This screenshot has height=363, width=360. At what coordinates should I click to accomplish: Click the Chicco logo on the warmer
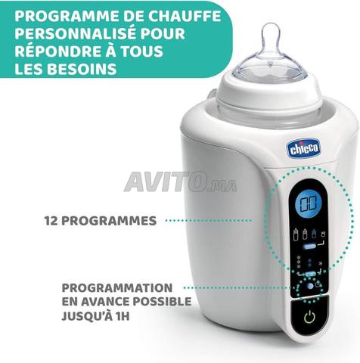tap(303, 149)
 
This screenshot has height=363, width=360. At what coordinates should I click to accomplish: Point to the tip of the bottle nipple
tap(271, 25)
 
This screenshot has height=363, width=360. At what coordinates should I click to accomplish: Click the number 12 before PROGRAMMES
tap(51, 221)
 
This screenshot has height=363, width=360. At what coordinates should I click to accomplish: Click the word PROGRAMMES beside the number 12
tap(109, 221)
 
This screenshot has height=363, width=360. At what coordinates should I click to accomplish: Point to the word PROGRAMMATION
tap(117, 288)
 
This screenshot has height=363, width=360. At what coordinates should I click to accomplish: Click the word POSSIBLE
tap(162, 302)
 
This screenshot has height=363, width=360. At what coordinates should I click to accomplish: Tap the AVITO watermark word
tap(164, 181)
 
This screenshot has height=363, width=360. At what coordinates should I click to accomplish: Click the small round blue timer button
tap(310, 286)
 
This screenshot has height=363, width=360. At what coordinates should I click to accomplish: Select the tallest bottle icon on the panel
tap(296, 234)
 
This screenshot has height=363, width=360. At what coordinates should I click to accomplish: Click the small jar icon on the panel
tap(323, 234)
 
